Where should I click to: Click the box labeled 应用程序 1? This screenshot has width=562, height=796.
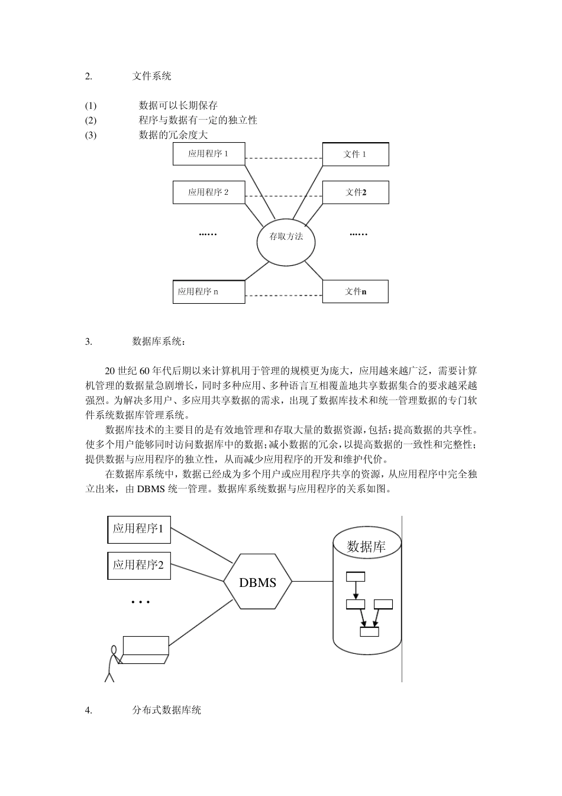[208, 154]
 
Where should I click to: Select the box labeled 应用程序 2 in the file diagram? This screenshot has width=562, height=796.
[208, 192]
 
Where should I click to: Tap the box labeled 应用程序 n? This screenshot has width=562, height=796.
[208, 291]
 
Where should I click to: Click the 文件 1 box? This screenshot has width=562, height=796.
[355, 154]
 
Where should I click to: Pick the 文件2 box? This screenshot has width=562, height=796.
[355, 192]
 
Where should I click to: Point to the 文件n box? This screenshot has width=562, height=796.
[355, 291]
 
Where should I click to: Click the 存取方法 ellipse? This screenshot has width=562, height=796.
[286, 237]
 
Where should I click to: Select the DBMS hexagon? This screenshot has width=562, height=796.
[258, 582]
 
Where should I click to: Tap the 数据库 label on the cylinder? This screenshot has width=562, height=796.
[366, 546]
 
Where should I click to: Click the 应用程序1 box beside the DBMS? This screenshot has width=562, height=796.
[138, 529]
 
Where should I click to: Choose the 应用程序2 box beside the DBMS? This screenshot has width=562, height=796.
[138, 565]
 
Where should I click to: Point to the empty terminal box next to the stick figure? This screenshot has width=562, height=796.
[146, 646]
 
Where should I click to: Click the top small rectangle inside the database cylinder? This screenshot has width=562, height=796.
[356, 576]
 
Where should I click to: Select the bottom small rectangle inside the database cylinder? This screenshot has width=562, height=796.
[369, 631]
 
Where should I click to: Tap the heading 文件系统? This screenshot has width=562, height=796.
[152, 76]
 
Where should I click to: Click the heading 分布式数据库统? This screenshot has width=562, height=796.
[167, 710]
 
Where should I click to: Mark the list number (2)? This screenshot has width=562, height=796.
[91, 120]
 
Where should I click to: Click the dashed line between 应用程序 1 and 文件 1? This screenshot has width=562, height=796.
[283, 159]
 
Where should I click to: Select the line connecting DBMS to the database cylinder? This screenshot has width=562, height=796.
[312, 582]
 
